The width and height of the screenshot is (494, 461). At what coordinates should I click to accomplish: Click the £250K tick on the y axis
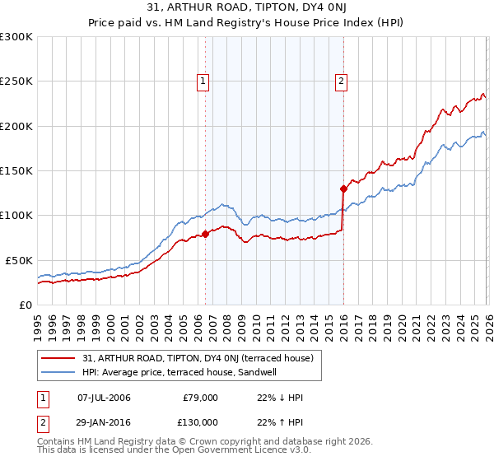pyautogui.click(x=16, y=81)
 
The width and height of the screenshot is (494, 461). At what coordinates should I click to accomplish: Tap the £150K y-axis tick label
pyautogui.click(x=16, y=170)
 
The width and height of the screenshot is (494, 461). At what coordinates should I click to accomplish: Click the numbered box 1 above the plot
pyautogui.click(x=203, y=81)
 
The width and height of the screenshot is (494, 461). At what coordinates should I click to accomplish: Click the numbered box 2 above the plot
pyautogui.click(x=341, y=81)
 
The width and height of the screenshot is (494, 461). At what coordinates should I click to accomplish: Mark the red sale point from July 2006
pyautogui.click(x=205, y=235)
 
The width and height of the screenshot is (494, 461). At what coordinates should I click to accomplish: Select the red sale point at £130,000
pyautogui.click(x=343, y=189)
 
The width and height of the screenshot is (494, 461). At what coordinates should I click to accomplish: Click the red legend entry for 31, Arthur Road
pyautogui.click(x=189, y=358)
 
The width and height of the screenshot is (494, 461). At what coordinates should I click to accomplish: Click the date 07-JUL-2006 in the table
pyautogui.click(x=104, y=398)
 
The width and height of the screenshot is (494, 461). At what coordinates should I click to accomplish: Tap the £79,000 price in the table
pyautogui.click(x=199, y=398)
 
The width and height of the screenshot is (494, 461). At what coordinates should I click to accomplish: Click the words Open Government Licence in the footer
pyautogui.click(x=226, y=450)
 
